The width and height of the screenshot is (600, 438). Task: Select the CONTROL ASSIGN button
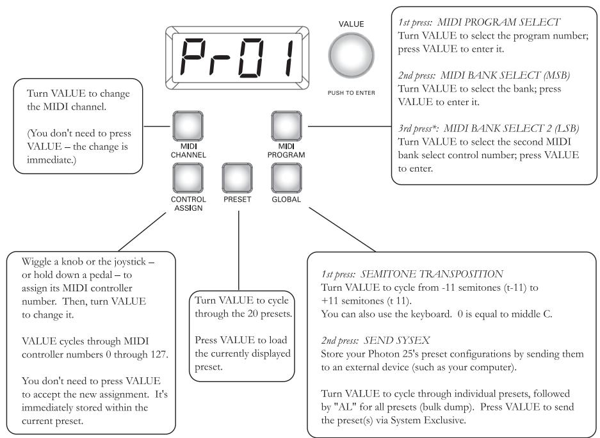tap(188, 179)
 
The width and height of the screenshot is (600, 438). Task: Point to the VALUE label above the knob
tap(351, 24)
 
